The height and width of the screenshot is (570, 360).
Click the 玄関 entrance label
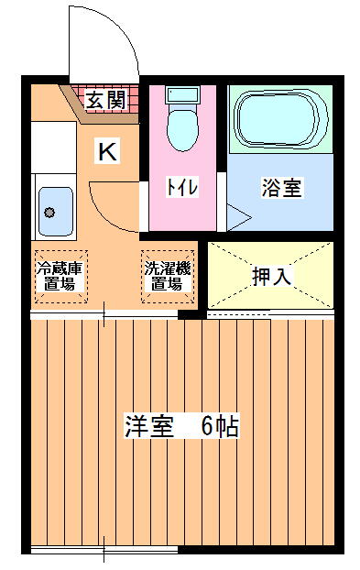click(x=106, y=100)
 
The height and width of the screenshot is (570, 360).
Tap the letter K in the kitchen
click(x=107, y=151)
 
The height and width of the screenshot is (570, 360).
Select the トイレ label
click(x=182, y=187)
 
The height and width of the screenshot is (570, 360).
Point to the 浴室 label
click(x=281, y=188)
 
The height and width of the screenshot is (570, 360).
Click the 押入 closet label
click(x=272, y=277)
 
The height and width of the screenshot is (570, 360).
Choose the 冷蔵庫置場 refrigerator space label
click(x=60, y=276)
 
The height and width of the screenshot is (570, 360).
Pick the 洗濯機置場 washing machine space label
click(x=168, y=276)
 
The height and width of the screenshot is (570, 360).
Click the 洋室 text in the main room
click(x=149, y=426)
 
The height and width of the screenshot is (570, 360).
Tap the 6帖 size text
click(x=220, y=426)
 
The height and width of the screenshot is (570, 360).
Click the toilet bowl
click(x=182, y=129)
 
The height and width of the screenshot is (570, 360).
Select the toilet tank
click(x=182, y=95)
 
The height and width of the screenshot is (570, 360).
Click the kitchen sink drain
click(x=49, y=212)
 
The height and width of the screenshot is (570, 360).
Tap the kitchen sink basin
click(x=56, y=212)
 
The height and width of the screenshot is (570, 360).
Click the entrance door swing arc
click(x=124, y=33)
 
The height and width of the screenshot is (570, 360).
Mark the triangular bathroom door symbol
click(x=238, y=218)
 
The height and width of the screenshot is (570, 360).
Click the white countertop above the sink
click(x=54, y=148)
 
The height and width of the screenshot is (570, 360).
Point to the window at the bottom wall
click(x=104, y=549)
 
